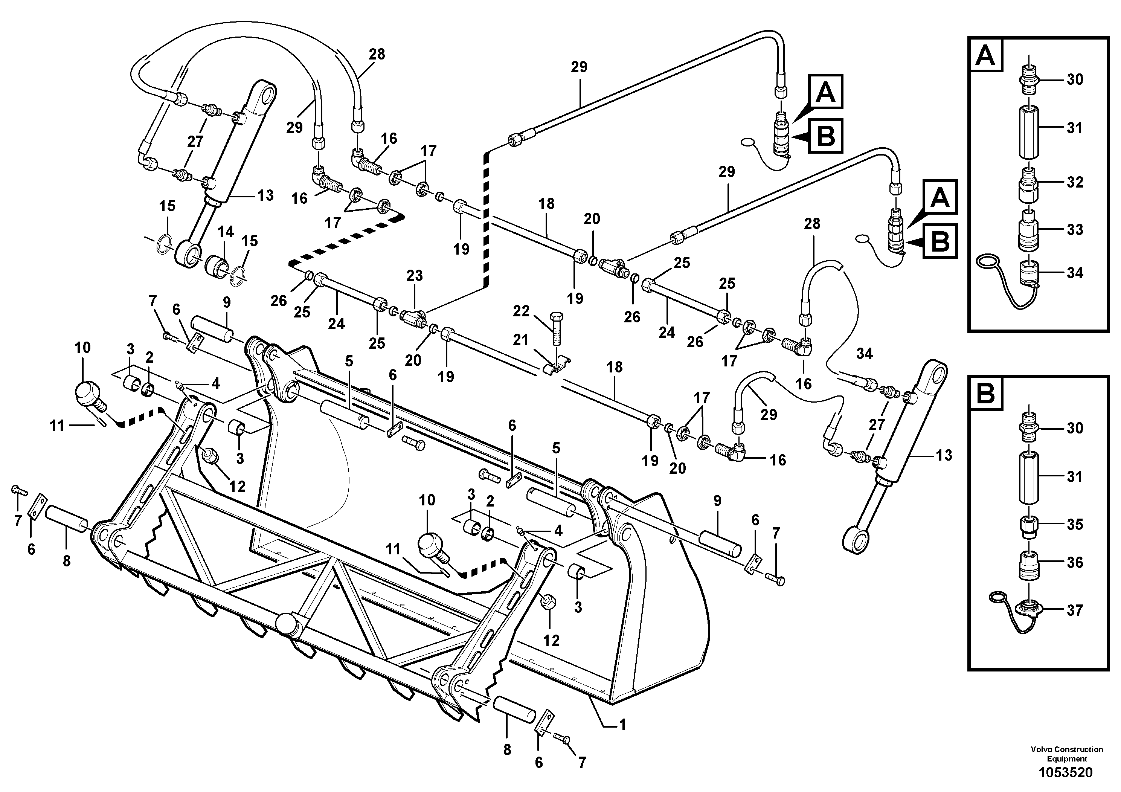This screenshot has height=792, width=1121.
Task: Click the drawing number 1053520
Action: point(1065,773)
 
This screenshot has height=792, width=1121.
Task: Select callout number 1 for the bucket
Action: point(622,725)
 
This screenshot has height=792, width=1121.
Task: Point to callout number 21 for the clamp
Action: point(520,339)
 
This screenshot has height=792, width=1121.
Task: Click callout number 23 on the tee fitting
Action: point(415,276)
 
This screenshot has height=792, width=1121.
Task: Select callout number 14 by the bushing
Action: point(225,232)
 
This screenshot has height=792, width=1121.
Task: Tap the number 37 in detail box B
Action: point(1074,610)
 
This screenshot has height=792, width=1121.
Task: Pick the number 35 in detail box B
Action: point(1074,524)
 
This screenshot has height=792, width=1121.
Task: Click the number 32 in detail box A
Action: point(1074,182)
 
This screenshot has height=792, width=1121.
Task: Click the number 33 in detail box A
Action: point(1074,229)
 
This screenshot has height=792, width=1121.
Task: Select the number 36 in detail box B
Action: point(1074,563)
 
